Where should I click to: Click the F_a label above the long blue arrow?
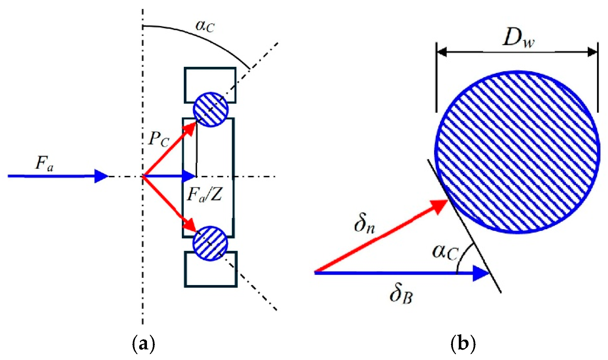[44, 163]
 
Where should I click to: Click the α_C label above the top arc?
[205, 26]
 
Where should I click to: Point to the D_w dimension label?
[518, 38]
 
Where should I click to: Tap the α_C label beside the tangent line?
[445, 252]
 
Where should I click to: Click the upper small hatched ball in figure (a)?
[211, 110]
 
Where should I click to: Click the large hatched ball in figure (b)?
[517, 152]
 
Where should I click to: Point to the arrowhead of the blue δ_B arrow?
[481, 273]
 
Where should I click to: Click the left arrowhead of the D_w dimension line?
[441, 52]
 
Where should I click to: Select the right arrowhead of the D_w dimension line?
[592, 52]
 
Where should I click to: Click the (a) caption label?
[143, 344]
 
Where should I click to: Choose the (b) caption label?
[463, 344]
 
